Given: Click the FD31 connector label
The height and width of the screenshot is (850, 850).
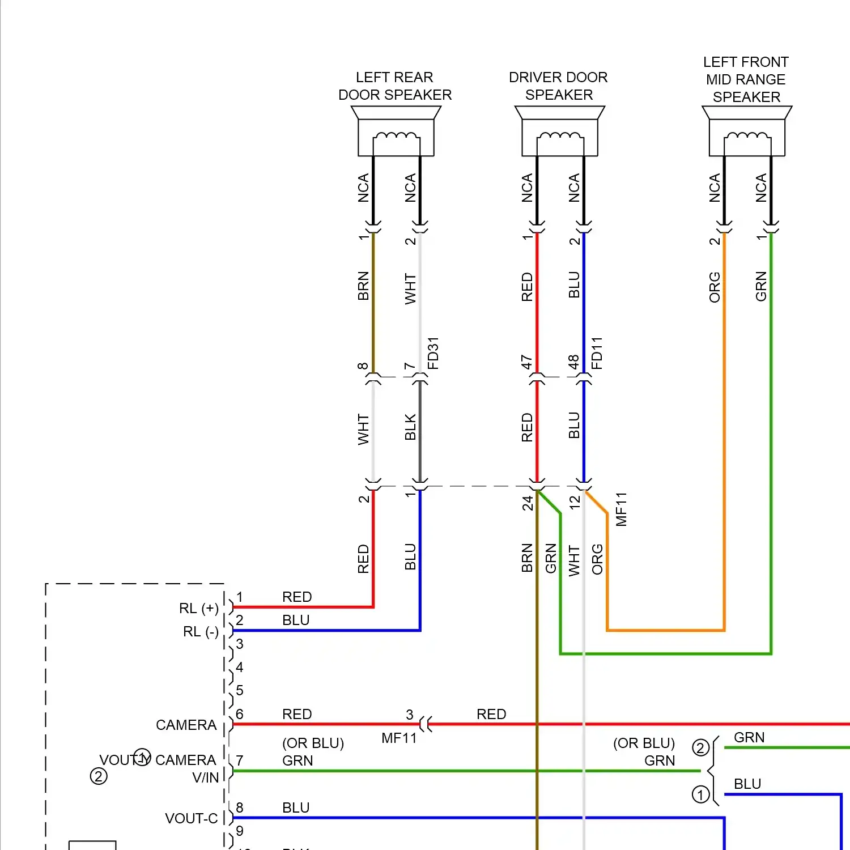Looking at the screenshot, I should click(x=433, y=353).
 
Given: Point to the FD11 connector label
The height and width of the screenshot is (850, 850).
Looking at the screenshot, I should click(x=597, y=353).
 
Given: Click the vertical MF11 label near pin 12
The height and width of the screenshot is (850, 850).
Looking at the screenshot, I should click(x=622, y=509).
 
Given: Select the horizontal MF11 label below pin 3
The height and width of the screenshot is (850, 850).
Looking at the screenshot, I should click(x=399, y=738).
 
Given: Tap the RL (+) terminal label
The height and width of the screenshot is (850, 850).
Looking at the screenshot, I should click(x=199, y=608).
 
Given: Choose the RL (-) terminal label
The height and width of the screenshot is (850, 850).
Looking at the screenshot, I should click(x=201, y=631).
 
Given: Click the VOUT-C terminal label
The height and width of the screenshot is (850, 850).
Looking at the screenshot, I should click(x=192, y=818).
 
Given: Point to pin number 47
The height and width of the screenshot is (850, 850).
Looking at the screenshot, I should click(x=527, y=362).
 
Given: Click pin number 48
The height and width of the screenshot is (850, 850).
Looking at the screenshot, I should click(x=574, y=362).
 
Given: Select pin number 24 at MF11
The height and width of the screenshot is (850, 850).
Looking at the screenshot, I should click(x=528, y=503).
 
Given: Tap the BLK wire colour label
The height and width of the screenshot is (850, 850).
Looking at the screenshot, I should click(x=410, y=427).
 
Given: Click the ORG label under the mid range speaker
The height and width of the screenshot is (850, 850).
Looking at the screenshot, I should click(x=715, y=287).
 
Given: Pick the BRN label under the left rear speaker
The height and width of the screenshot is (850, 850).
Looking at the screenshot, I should click(x=363, y=286).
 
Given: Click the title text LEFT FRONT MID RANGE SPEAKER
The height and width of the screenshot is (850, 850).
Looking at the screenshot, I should click(x=746, y=79).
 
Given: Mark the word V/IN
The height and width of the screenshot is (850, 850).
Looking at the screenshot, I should click(x=205, y=777).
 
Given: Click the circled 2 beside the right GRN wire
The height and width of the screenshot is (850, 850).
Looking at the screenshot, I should click(x=701, y=748).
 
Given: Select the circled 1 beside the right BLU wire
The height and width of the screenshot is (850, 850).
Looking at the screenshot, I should click(x=701, y=794).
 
